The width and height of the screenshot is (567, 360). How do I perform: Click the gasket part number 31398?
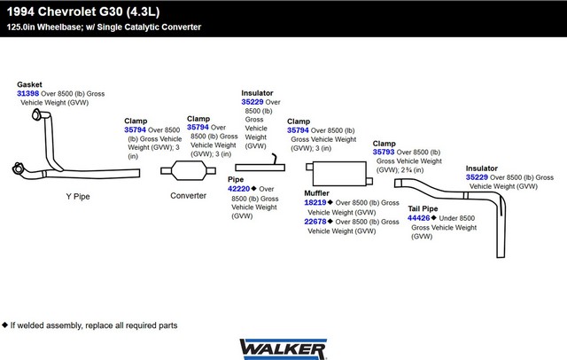27,93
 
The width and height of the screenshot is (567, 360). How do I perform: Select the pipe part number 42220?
238,189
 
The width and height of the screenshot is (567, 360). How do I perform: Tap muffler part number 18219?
315,203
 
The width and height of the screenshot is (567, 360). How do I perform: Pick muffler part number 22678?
315,222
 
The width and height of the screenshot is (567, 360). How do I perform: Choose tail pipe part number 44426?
418,218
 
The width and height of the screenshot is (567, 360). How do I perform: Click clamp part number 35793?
384,152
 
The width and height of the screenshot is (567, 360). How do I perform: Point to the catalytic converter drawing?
189,170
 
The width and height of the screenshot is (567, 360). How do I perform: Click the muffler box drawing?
339,174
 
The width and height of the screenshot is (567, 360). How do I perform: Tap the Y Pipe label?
78,197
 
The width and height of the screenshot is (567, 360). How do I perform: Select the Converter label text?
188,196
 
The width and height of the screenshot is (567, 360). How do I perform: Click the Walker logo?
283,349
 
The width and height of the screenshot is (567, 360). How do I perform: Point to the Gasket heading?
29,84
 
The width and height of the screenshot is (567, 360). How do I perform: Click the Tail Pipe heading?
423,208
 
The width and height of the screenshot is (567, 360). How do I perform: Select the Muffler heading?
316,193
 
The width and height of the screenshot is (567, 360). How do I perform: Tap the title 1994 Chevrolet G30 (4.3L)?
83,12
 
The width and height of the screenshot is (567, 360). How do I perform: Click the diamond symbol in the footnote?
4,325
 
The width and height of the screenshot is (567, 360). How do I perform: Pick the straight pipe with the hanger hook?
260,168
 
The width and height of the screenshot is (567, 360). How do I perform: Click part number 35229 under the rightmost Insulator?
477,177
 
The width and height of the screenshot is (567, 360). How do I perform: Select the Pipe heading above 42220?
236,179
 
